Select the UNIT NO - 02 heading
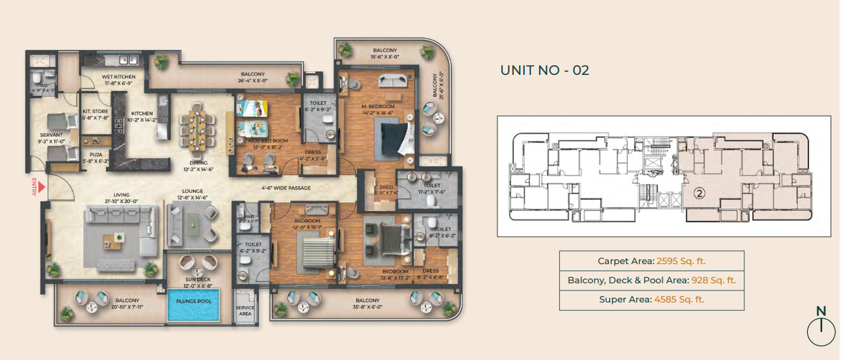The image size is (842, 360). (544, 70)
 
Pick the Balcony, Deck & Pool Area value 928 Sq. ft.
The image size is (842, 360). (713, 280)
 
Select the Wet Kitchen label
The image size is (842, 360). (119, 77)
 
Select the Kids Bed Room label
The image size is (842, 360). (263, 141)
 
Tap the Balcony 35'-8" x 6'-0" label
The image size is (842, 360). (367, 301)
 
